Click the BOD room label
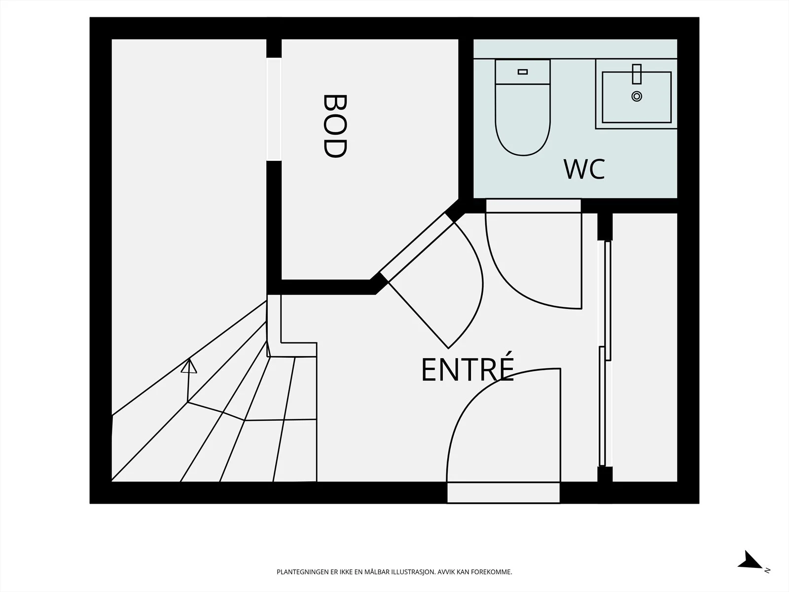click(335, 126)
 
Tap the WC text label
click(584, 169)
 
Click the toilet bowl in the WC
click(523, 120)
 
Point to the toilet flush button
click(523, 72)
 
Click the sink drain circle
click(637, 96)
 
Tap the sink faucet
click(637, 74)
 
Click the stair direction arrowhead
click(189, 366)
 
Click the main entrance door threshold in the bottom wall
click(503, 492)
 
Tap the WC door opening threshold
click(534, 206)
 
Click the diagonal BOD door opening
click(417, 247)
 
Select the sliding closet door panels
click(606, 353)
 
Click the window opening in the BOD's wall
click(274, 109)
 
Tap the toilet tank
click(523, 72)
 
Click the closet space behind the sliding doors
click(645, 347)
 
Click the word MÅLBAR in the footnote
click(376, 572)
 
